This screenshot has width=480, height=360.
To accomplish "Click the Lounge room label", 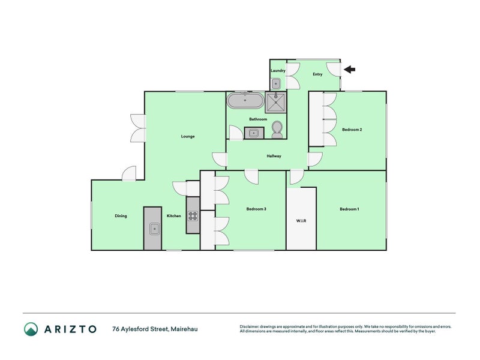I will pyautogui.click(x=188, y=136).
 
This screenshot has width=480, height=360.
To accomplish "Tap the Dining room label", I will pyautogui.click(x=121, y=216).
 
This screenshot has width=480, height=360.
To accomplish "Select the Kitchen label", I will pyautogui.click(x=173, y=216).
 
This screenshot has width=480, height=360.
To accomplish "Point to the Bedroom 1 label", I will pyautogui.click(x=349, y=209).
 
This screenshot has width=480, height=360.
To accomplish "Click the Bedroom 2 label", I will pyautogui.click(x=352, y=130).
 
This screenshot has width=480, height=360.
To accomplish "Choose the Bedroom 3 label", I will pyautogui.click(x=256, y=209).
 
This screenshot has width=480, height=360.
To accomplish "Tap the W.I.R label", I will pyautogui.click(x=301, y=221).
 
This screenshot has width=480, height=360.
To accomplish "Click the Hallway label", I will pyautogui.click(x=274, y=156).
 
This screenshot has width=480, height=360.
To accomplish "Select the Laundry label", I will pyautogui.click(x=278, y=71).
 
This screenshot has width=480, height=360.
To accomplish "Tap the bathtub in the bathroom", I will pyautogui.click(x=244, y=100).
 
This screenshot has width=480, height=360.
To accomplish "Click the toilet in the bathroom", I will pyautogui.click(x=277, y=128).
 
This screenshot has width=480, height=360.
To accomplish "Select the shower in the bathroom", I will pyautogui.click(x=277, y=101).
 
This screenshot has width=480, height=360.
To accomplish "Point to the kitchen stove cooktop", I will pyautogui.click(x=193, y=215).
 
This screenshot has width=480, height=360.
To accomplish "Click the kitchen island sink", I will pyautogui.click(x=153, y=228).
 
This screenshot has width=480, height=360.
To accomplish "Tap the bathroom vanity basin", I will pyautogui.click(x=254, y=133).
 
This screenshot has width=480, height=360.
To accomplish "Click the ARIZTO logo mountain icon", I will pyautogui.click(x=31, y=329).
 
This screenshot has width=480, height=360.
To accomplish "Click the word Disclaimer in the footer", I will pyautogui.click(x=251, y=326).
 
